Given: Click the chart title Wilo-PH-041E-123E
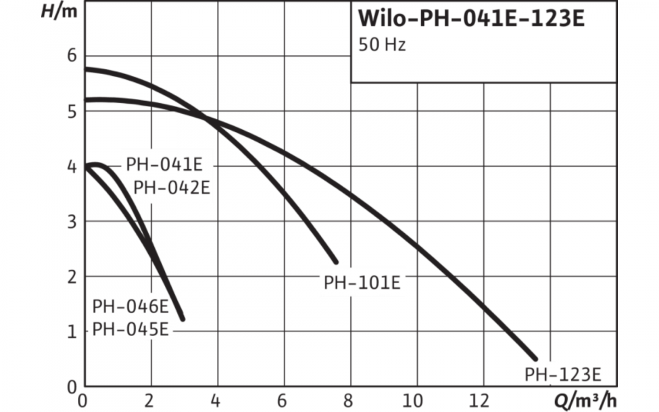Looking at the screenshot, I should [x=471, y=18].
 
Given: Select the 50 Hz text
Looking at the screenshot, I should [x=382, y=45].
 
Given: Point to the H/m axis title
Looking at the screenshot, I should [x=60, y=12].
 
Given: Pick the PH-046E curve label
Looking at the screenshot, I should [x=131, y=306].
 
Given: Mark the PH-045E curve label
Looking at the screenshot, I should [x=131, y=329].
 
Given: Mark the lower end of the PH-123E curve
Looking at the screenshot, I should [x=534, y=358].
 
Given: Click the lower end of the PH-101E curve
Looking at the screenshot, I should [x=336, y=261].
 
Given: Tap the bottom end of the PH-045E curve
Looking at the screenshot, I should [x=182, y=318].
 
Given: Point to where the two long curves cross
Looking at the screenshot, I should [x=204, y=117].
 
